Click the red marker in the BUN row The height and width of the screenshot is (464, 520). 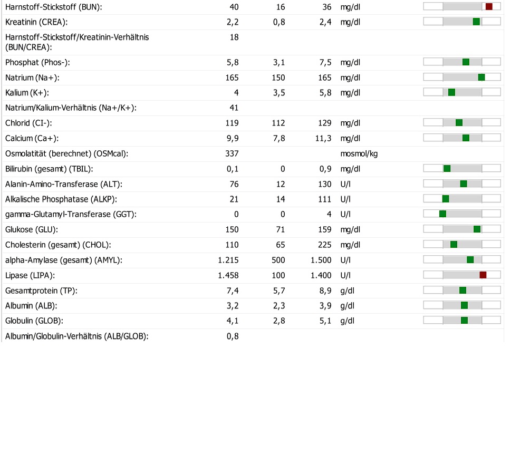click(x=489, y=7)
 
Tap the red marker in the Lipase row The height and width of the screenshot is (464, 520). click(x=483, y=275)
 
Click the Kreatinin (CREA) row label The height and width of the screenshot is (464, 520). click(x=36, y=22)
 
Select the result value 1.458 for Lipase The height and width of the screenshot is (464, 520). click(x=228, y=275)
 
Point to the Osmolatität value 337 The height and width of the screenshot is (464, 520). click(x=232, y=153)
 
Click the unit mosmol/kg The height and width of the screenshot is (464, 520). click(x=359, y=154)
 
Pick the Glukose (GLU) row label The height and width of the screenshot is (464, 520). click(x=32, y=229)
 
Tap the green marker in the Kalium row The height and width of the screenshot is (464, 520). click(x=451, y=92)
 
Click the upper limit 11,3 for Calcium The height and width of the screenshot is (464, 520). click(x=323, y=139)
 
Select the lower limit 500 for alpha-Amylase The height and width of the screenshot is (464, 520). click(x=278, y=260)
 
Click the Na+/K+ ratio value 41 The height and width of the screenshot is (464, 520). click(x=234, y=108)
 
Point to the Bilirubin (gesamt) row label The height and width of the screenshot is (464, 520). click(x=49, y=169)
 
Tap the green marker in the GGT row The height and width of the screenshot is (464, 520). click(x=442, y=214)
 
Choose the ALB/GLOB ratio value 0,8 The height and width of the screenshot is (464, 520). click(x=233, y=336)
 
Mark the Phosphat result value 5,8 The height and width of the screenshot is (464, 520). click(x=233, y=63)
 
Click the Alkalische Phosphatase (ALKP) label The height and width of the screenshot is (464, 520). click(x=61, y=199)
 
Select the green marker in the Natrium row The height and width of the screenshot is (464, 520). click(x=482, y=78)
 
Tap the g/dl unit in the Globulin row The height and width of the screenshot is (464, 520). click(x=347, y=321)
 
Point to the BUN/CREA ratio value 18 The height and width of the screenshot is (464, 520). click(x=234, y=37)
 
